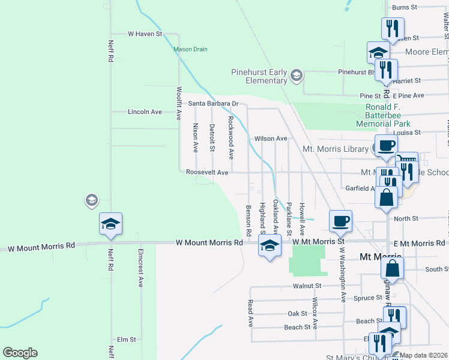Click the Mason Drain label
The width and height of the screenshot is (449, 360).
[x=190, y=49]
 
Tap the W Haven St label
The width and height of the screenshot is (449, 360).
[x=145, y=34]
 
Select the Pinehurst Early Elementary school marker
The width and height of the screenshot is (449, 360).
[x=296, y=76]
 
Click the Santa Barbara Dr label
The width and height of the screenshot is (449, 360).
[x=214, y=103]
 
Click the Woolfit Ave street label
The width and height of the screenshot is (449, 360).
[x=179, y=104]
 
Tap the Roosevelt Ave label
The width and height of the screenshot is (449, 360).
[x=207, y=172]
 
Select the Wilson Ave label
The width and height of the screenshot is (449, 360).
[x=271, y=138]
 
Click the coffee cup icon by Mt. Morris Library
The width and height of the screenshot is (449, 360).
[x=385, y=145]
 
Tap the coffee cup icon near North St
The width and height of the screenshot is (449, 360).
[x=340, y=220]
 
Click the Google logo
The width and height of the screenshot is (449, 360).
[x=20, y=353]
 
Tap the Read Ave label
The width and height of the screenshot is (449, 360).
[x=250, y=313]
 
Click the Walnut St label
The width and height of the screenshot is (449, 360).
[x=304, y=286]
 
